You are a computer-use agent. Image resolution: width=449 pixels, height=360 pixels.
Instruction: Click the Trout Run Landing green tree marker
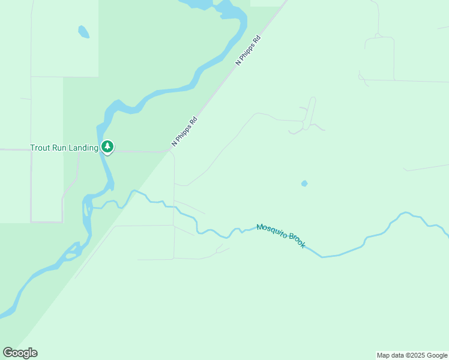[107, 146]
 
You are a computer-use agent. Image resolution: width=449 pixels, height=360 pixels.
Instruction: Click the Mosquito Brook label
[281, 236]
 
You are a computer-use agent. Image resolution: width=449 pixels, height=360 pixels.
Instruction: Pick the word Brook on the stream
[297, 241]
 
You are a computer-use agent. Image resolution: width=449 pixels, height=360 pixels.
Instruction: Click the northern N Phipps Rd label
[249, 50]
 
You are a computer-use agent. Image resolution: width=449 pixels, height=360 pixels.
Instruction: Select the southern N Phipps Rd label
[184, 131]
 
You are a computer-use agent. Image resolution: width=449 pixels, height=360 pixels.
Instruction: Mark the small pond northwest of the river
[83, 31]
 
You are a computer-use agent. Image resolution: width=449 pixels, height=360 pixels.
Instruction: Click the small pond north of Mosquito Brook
[304, 184]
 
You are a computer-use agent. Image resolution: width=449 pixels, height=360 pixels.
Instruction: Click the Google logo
[20, 353]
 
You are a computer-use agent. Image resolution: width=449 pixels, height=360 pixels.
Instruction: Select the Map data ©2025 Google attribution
[412, 355]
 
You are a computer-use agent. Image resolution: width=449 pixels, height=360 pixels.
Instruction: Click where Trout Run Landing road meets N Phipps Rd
[169, 151]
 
